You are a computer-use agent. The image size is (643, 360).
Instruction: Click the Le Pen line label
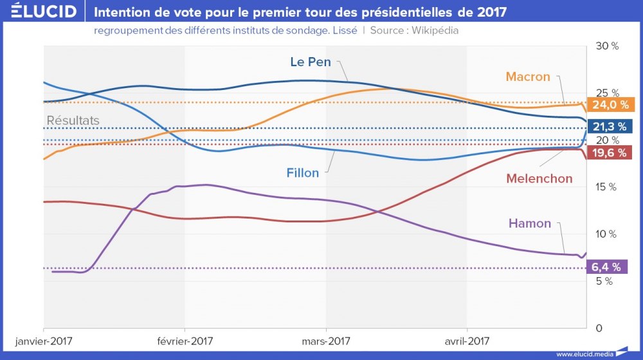[x=311, y=62]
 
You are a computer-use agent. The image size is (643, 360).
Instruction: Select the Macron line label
[x=528, y=76]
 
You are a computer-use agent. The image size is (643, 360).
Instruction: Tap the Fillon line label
[x=303, y=173]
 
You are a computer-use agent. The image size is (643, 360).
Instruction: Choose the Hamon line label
[x=530, y=224]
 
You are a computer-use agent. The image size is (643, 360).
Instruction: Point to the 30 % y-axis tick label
[x=606, y=46]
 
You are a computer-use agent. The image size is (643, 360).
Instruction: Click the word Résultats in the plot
[x=73, y=120]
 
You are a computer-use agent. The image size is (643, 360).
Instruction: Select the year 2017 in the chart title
[x=491, y=12]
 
